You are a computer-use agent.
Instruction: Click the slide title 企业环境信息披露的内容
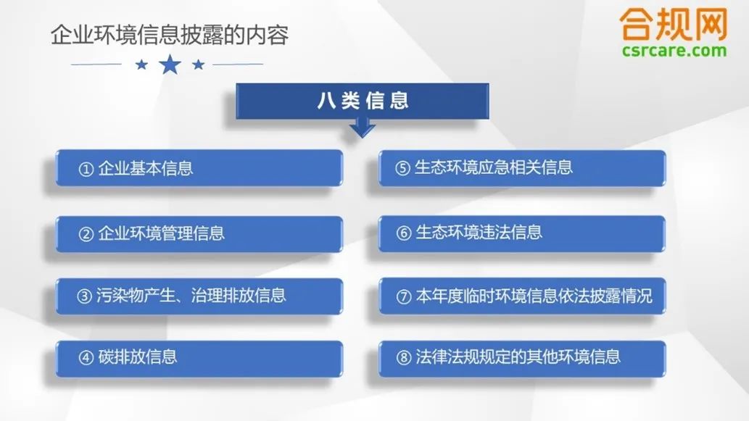(x=170, y=35)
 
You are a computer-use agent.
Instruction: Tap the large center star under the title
(x=170, y=64)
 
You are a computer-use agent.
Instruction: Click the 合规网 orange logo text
(x=674, y=24)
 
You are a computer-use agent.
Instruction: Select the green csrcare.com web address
(x=674, y=50)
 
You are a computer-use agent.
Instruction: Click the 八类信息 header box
(x=363, y=101)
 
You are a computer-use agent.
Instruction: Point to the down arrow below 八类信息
(x=362, y=128)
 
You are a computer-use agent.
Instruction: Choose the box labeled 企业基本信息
(x=199, y=168)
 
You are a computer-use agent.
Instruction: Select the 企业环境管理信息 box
(x=199, y=234)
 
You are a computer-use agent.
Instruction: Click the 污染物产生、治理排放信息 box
(x=199, y=296)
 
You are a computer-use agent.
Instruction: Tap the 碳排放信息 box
(x=199, y=358)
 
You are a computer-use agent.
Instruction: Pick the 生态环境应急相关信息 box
(x=522, y=168)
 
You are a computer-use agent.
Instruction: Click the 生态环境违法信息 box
(x=522, y=233)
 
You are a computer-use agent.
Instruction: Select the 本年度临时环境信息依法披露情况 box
(x=522, y=296)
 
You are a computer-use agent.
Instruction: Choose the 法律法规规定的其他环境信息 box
(x=522, y=358)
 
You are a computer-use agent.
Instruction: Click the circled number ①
(x=86, y=169)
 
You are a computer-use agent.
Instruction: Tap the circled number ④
(x=86, y=358)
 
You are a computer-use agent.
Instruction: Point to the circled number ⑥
(x=404, y=233)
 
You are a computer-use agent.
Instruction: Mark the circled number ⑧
(x=404, y=357)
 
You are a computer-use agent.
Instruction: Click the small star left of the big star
(x=141, y=64)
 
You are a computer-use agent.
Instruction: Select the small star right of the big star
(x=198, y=64)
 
